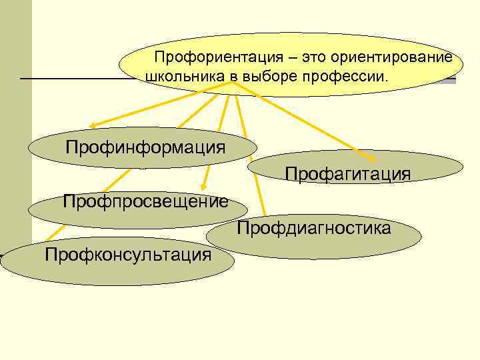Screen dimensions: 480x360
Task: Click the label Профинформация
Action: tap(145, 146)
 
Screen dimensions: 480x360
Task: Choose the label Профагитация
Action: tap(347, 174)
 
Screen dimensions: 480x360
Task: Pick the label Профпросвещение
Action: tap(145, 201)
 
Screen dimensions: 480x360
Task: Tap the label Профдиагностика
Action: tap(313, 229)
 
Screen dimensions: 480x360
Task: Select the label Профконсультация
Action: tap(128, 254)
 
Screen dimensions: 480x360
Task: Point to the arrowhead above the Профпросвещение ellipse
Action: tap(204, 186)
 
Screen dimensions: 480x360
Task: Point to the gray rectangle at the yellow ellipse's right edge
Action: tap(451, 81)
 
